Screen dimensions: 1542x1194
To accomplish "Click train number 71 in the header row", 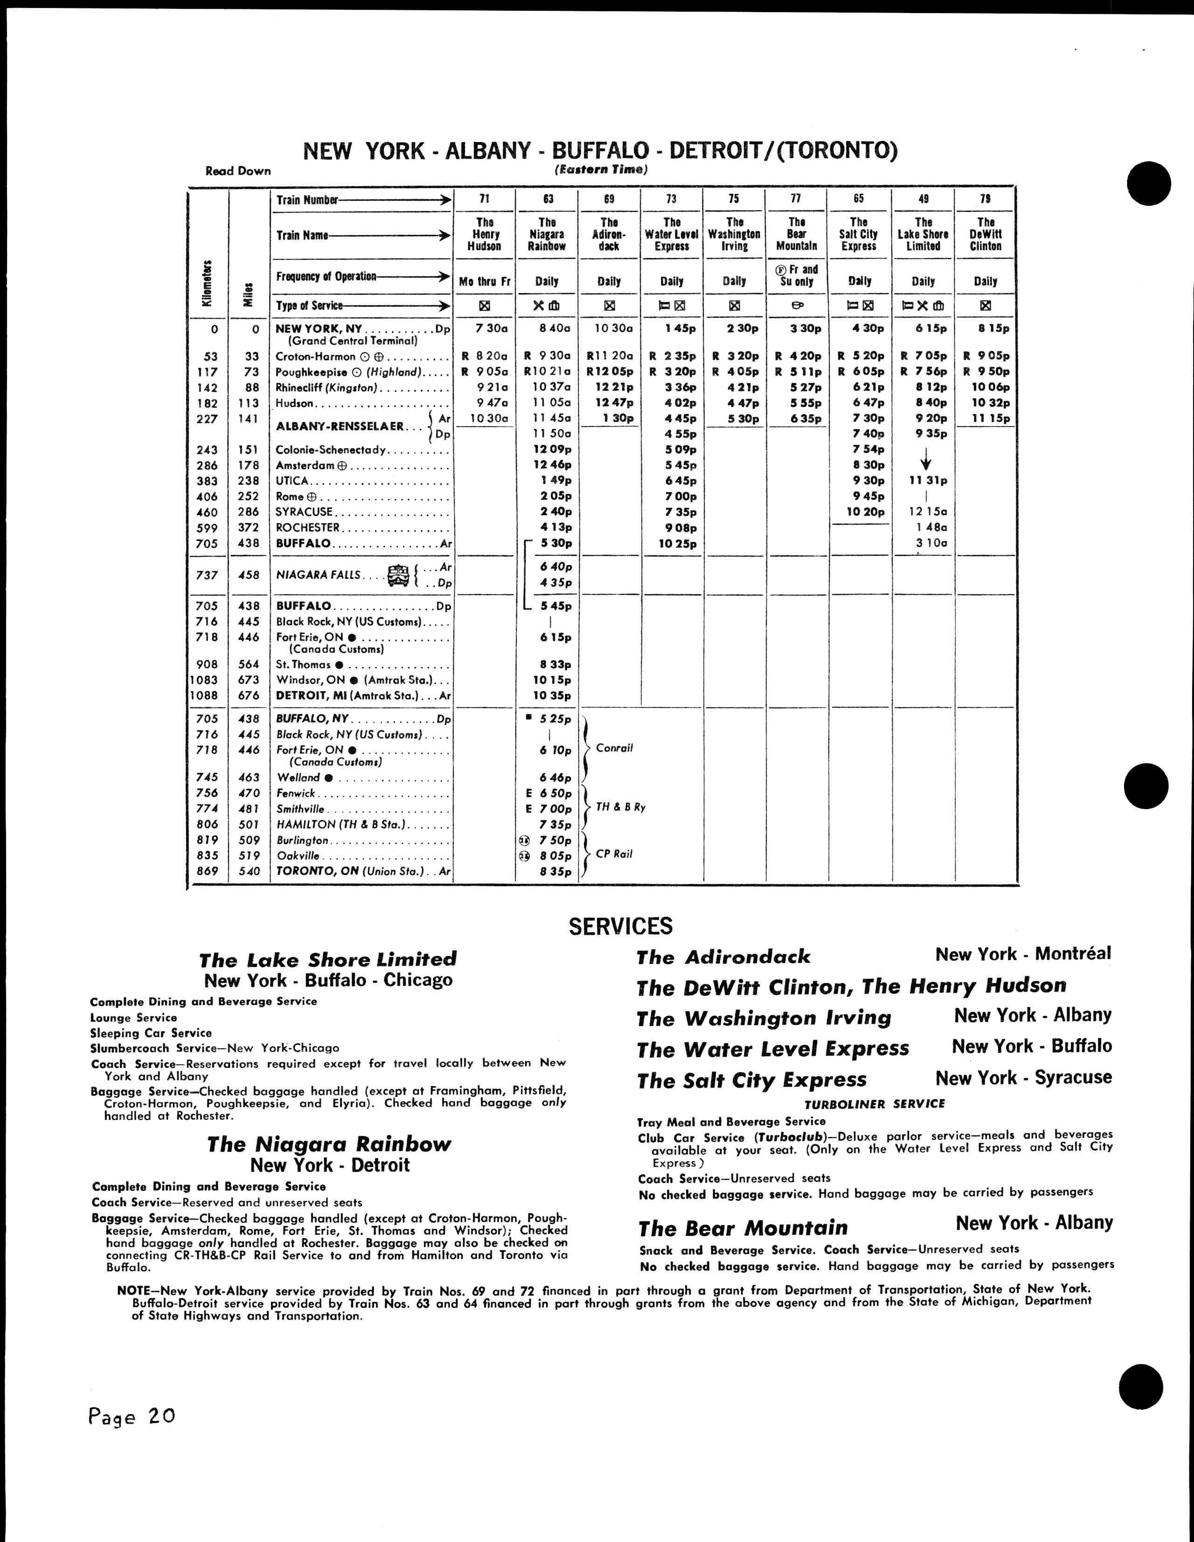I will [484, 199].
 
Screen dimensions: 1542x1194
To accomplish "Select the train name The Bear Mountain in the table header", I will [797, 234].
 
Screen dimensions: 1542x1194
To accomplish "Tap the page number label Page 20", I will [131, 1417].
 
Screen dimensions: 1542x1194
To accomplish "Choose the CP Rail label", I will [614, 854].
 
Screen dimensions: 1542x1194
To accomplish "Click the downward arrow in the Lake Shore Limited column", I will [926, 463].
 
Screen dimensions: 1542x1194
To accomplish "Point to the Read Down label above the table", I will [238, 171].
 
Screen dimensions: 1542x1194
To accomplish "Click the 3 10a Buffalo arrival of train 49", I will [931, 543].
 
